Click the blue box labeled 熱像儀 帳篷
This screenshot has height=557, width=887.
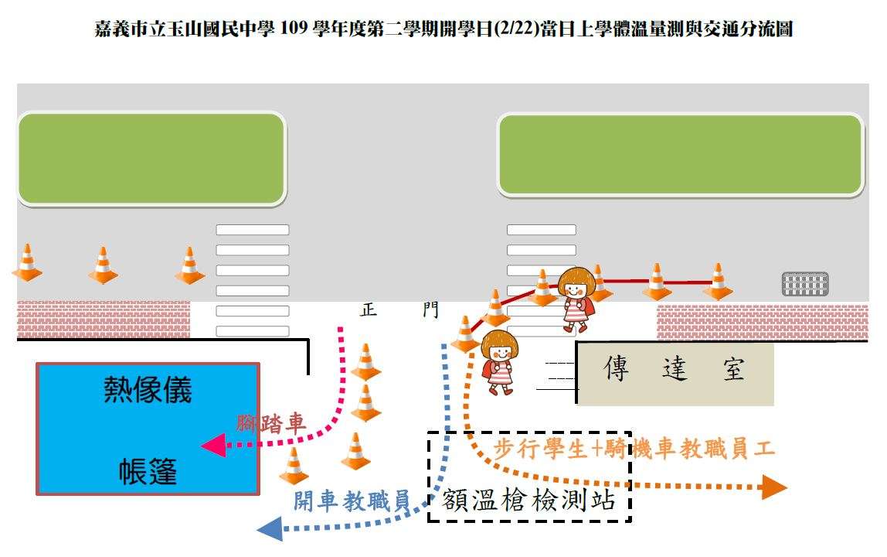[148, 429]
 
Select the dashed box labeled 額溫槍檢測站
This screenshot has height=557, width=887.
[529, 476]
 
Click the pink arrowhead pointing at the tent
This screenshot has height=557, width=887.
[213, 445]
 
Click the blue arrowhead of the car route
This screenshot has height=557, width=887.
[270, 528]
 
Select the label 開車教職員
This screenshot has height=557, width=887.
[351, 501]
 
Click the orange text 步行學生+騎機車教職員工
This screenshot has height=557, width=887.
[634, 449]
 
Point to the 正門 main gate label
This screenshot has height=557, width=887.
[399, 310]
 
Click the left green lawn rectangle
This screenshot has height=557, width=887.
[151, 159]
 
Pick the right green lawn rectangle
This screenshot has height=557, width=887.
[680, 155]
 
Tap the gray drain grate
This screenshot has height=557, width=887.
[804, 284]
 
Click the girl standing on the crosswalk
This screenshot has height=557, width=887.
[576, 298]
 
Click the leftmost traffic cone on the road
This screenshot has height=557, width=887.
[27, 263]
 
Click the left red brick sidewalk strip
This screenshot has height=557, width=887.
[104, 320]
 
